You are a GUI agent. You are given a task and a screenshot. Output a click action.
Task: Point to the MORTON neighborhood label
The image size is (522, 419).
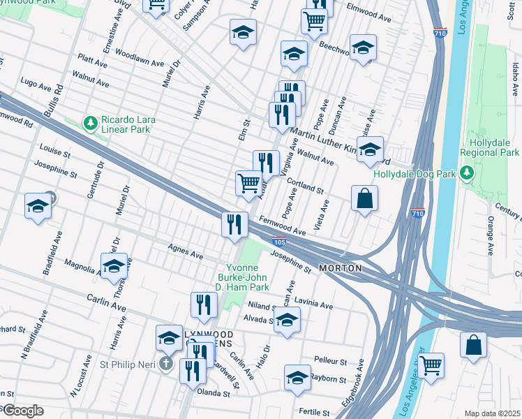(x=341, y=268)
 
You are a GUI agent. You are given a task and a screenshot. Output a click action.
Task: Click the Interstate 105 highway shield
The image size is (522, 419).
(x=278, y=242)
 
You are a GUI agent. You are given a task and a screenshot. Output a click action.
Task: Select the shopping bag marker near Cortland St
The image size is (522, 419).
(x=364, y=198)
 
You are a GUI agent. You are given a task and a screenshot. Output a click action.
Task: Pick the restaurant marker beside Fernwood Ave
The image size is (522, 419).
(x=234, y=224)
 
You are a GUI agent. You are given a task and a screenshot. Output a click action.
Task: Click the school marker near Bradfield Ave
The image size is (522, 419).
(x=37, y=206)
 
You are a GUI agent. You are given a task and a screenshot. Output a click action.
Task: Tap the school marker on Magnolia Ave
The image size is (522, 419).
(x=114, y=266)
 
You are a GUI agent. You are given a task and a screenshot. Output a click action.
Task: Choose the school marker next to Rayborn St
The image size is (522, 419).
(x=297, y=377)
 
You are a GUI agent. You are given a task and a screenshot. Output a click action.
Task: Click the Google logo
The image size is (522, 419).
(x=22, y=410)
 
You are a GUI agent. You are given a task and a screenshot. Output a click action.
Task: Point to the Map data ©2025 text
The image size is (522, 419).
(x=491, y=413)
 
